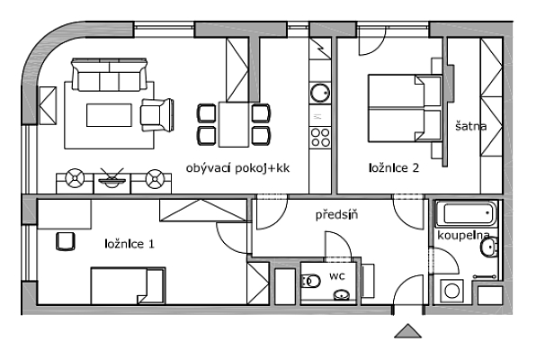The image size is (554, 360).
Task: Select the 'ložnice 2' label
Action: click(393, 167)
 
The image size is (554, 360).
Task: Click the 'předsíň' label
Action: click(336, 216)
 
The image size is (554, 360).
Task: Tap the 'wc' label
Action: click(337, 274)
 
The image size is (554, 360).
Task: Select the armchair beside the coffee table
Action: click(158, 114)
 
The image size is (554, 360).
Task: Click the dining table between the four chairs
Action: click(234, 124)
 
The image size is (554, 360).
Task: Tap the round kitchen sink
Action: click(319, 92)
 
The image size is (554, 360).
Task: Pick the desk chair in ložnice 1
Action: click(65, 241)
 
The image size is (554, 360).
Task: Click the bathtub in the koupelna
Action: click(466, 215)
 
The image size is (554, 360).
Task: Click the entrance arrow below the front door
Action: click(408, 333)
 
